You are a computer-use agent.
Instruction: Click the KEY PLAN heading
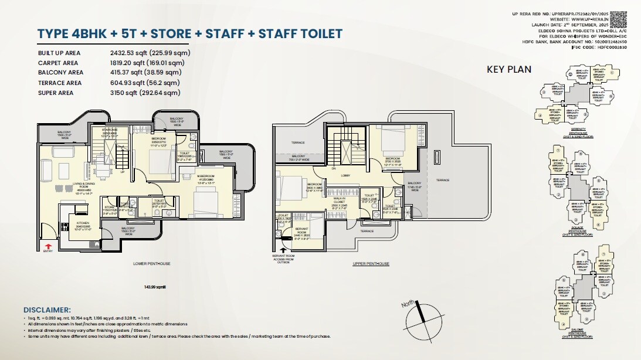[509, 69]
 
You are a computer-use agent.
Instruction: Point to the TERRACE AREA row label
[60, 83]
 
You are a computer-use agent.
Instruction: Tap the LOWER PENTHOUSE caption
[151, 264]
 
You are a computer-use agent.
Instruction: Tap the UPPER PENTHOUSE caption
[371, 264]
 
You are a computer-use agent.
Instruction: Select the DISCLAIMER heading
[47, 310]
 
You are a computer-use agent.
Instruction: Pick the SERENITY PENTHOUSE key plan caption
[579, 133]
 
